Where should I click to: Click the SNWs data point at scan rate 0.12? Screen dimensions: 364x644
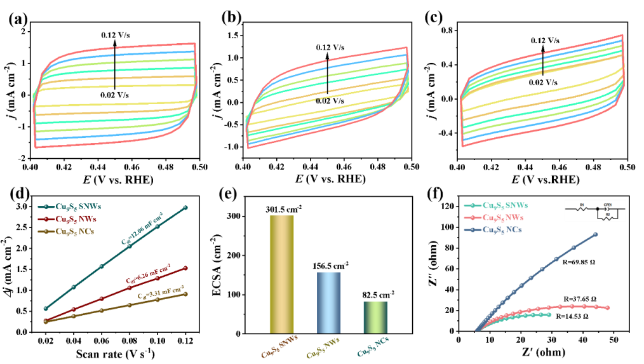(185, 208)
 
